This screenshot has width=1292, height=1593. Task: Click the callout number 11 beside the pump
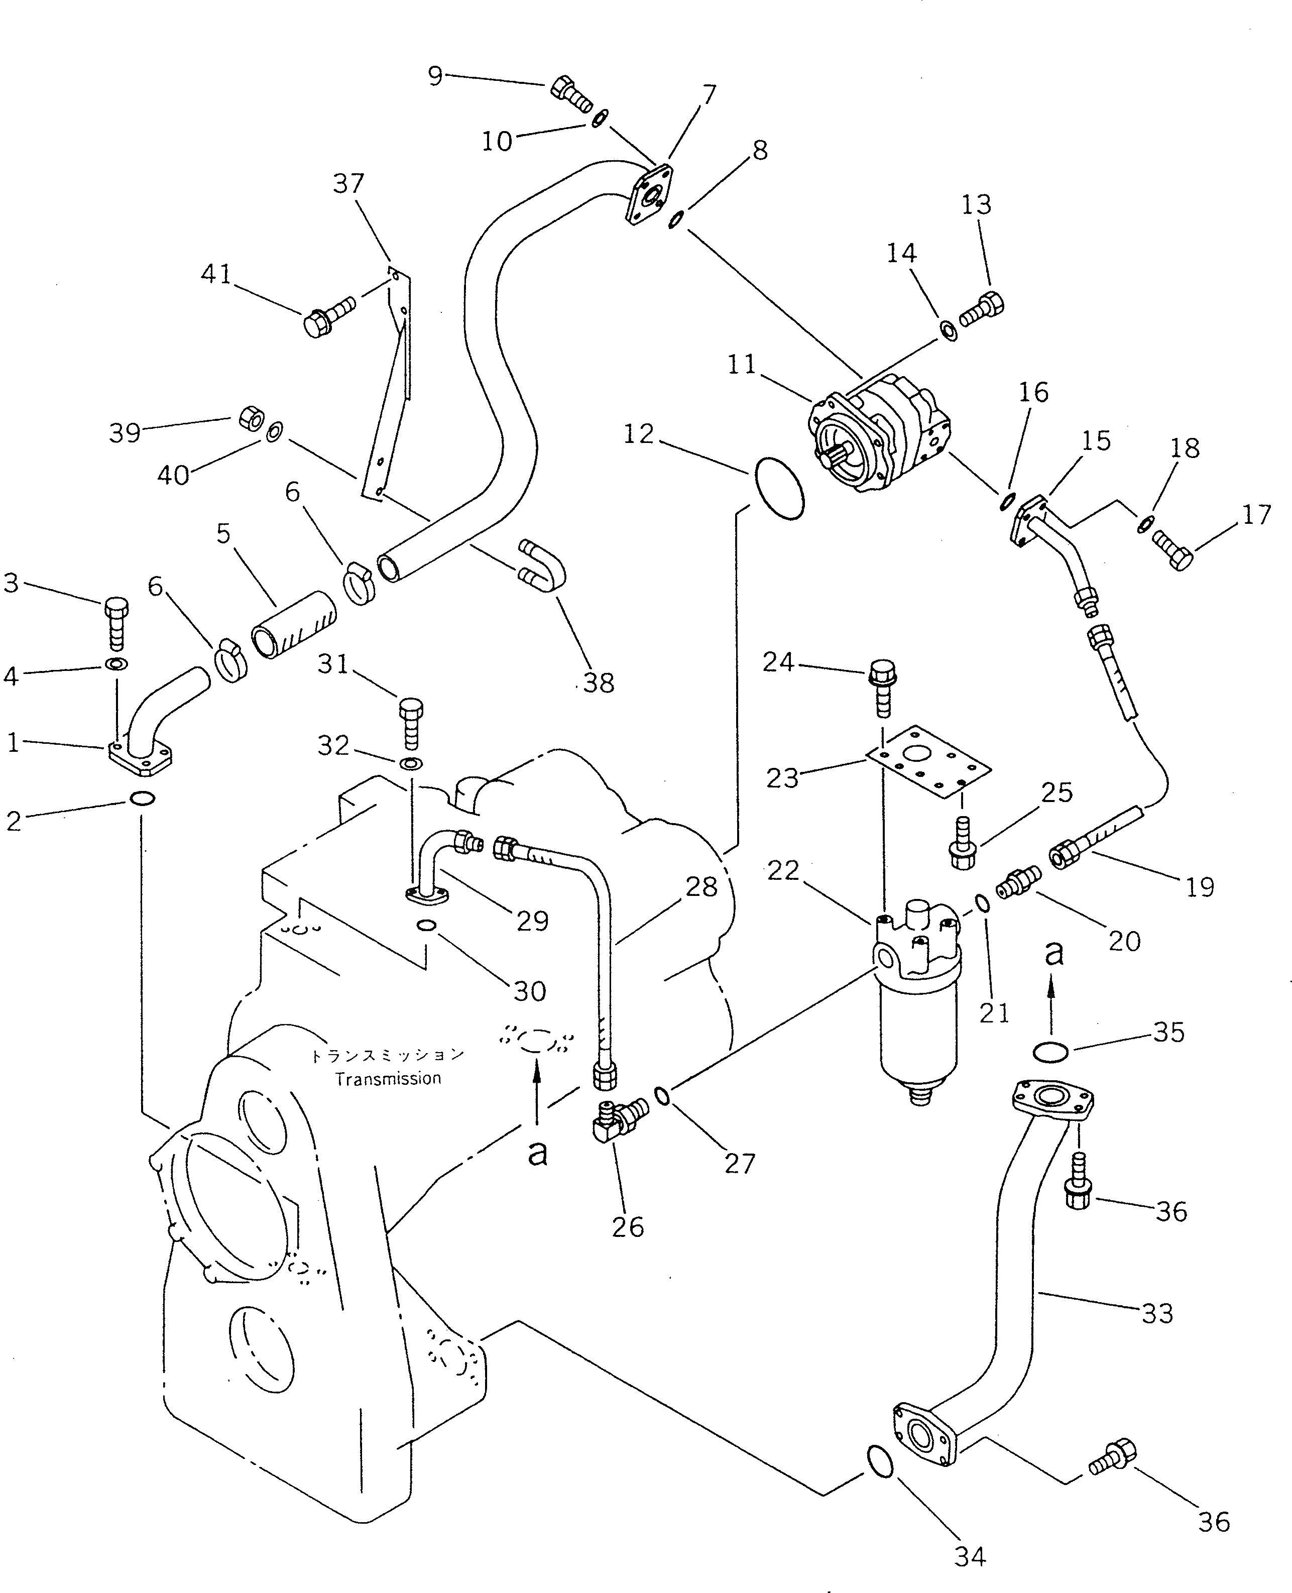741,365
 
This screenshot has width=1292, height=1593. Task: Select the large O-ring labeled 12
779,488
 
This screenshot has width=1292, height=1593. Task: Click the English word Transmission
388,1079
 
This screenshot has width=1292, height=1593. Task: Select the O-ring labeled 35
1051,1051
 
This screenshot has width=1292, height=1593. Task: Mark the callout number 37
348,183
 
